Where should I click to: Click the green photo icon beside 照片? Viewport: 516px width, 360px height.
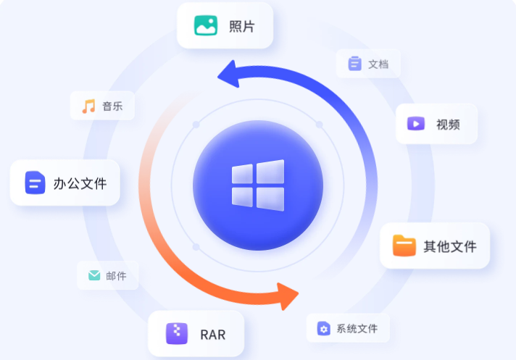point(206,26)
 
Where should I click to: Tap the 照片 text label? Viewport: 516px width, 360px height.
point(241,27)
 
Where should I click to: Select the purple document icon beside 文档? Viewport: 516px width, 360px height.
point(354,64)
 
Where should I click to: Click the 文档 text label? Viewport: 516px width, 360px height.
point(378,64)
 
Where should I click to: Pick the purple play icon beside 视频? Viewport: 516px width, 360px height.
point(416,124)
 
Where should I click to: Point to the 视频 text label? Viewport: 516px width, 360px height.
point(447,125)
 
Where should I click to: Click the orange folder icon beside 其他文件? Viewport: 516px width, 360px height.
point(404,246)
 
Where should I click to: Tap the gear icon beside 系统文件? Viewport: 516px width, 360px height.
point(323,329)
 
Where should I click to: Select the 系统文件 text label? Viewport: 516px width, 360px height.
point(357,329)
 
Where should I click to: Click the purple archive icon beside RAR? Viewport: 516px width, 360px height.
point(177,334)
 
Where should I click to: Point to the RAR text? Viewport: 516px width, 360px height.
point(212,335)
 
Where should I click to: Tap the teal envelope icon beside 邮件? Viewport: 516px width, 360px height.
point(94,275)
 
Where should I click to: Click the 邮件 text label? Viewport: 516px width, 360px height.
point(116,276)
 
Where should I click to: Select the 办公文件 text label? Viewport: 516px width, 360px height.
point(80,183)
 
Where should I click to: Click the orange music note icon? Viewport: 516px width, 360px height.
point(88,106)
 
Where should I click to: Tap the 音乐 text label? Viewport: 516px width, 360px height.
point(112,106)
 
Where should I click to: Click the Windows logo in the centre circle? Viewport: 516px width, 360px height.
point(258,184)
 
